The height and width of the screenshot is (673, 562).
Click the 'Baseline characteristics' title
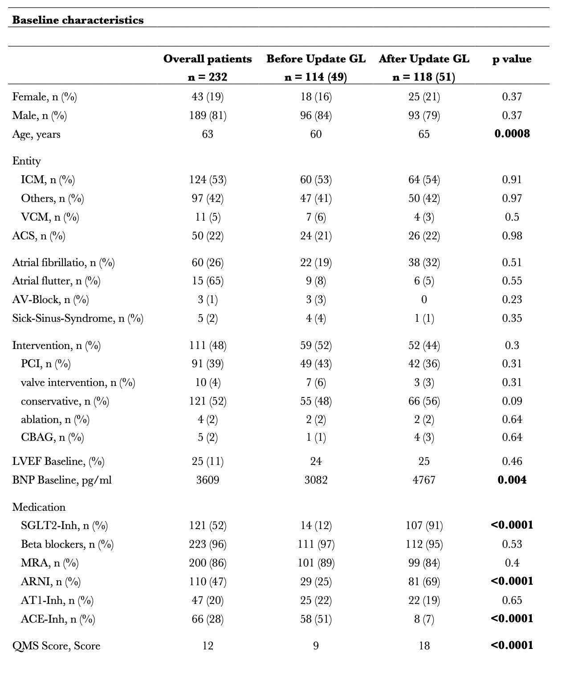coord(78,21)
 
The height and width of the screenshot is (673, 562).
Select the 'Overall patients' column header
coord(208,59)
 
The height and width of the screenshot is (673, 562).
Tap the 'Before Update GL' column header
coord(316,59)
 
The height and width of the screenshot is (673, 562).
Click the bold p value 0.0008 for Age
coord(512,134)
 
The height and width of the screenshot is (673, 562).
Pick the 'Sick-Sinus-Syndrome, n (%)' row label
coord(78,319)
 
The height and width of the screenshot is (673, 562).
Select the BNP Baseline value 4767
coord(424,480)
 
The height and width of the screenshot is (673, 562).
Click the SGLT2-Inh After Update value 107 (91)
coord(424,526)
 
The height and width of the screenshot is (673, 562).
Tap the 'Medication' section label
coord(39,507)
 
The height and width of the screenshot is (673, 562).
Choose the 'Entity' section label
coord(26,161)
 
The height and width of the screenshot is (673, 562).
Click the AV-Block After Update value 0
coord(424,300)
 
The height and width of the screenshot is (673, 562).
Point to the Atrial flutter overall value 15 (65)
coord(208,281)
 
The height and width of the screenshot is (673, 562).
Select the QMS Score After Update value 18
coord(424,646)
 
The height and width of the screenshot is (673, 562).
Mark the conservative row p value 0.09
coord(512,401)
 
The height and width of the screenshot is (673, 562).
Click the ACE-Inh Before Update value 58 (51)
coord(316,619)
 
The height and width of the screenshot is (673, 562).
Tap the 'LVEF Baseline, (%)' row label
coord(58,462)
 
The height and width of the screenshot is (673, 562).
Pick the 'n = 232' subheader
coord(208,77)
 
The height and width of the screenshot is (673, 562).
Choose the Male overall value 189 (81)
coord(208,115)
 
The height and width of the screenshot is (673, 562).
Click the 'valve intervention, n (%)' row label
coord(78,382)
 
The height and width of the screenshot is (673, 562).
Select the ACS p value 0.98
coord(512,236)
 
